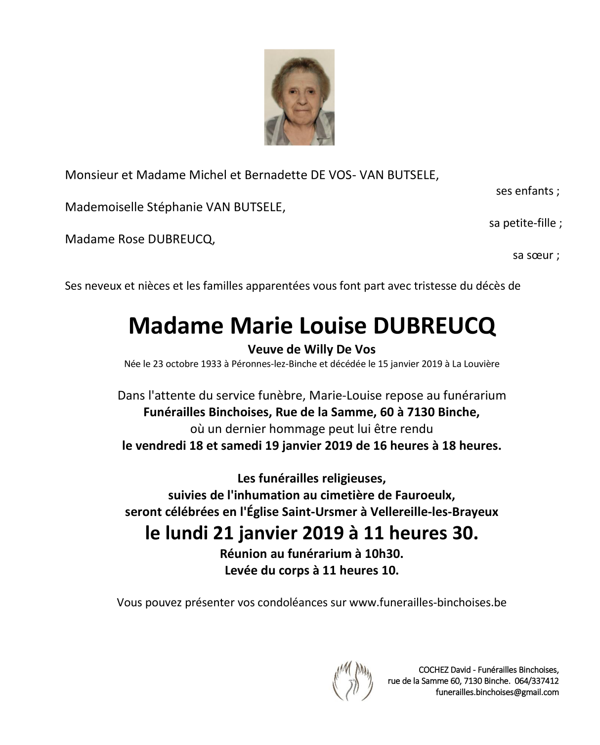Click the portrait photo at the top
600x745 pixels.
[299, 97]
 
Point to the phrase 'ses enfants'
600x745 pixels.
[527, 191]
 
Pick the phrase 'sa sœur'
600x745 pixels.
[536, 255]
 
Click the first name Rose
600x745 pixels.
[131, 239]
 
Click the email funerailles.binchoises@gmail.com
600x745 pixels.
[497, 692]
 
